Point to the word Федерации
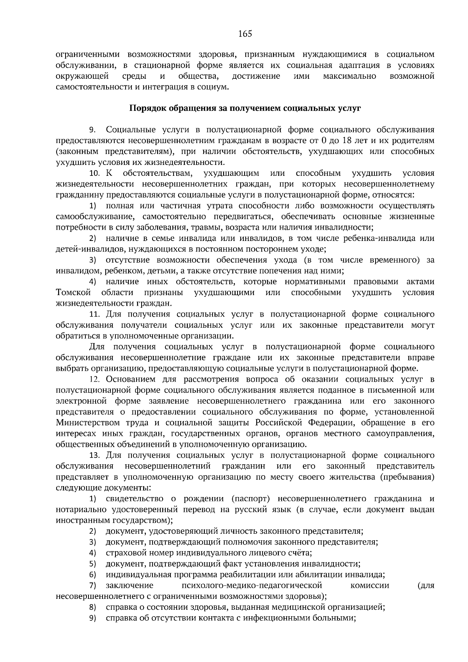pyautogui.click(x=330, y=423)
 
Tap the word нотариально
pyautogui.click(x=78, y=510)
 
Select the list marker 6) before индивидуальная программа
pyautogui.click(x=92, y=575)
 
